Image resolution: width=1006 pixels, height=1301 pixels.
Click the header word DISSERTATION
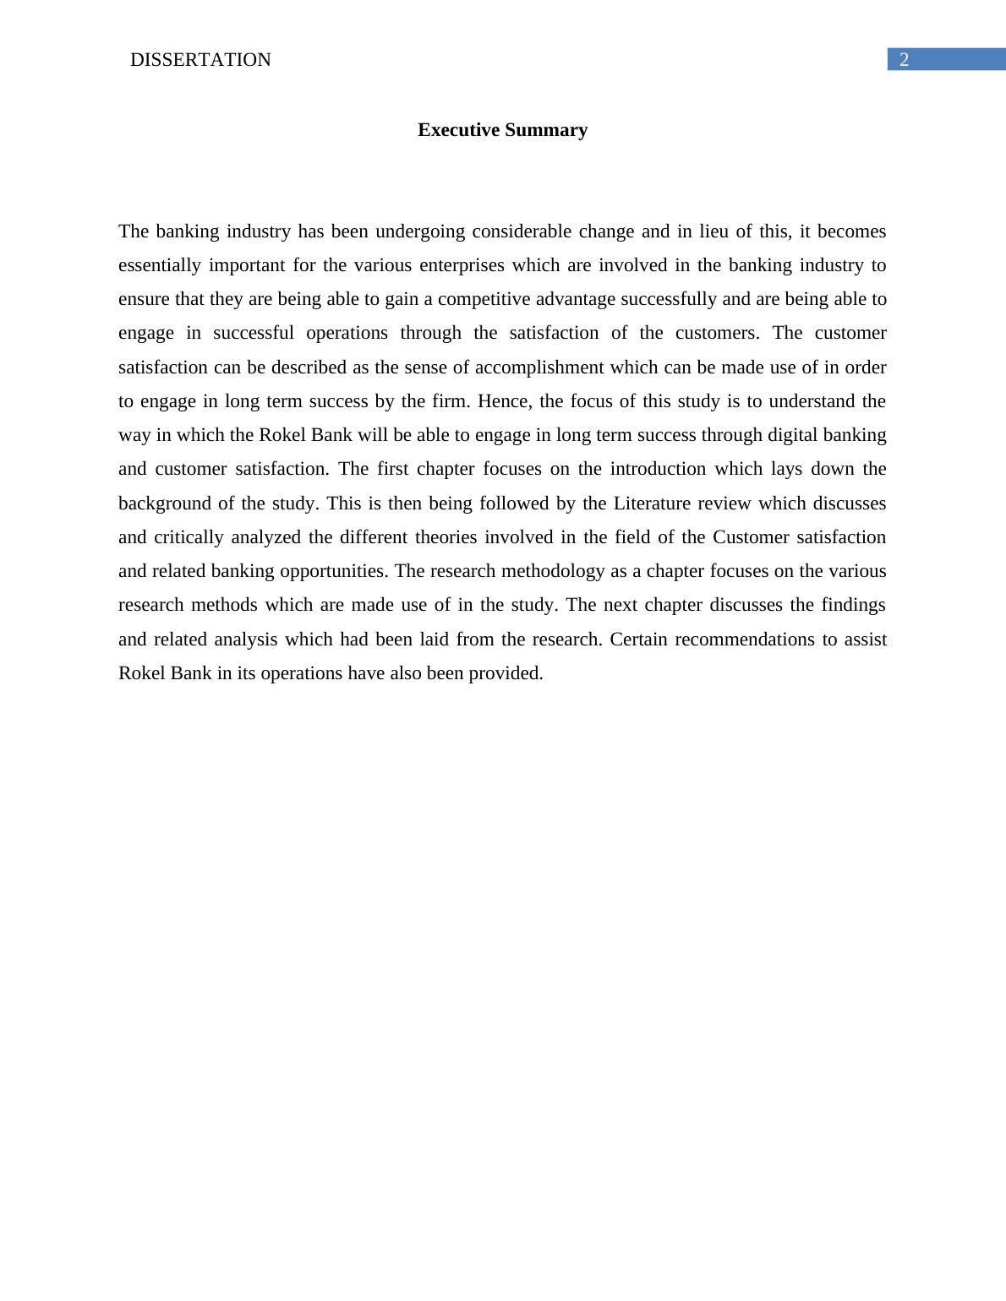(x=200, y=60)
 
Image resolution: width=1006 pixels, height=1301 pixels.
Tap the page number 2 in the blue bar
(x=904, y=60)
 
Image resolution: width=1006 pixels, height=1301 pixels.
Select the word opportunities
(x=334, y=571)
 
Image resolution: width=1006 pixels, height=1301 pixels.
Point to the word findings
(x=853, y=605)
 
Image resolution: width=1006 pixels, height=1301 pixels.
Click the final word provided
(x=506, y=673)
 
